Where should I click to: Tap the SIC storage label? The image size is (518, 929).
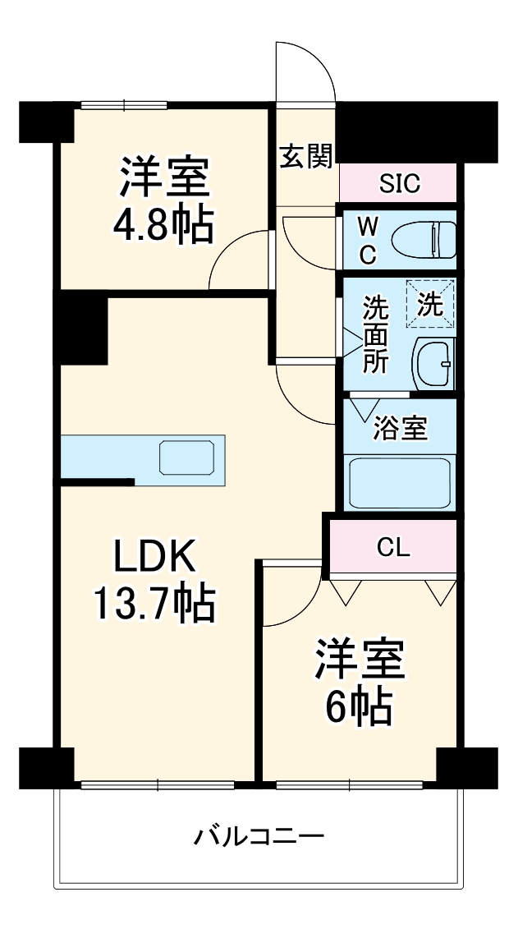click(x=399, y=182)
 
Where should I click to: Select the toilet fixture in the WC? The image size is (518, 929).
click(x=424, y=240)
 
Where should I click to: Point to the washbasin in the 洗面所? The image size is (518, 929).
click(x=435, y=362)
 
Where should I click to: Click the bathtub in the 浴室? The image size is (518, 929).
click(x=400, y=483)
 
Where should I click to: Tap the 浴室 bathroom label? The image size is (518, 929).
click(x=400, y=428)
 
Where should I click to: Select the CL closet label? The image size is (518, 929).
click(x=393, y=547)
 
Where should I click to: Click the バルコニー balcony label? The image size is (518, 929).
click(x=259, y=838)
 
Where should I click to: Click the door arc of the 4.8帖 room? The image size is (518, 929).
click(x=238, y=260)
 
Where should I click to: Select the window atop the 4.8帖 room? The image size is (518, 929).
click(x=124, y=104)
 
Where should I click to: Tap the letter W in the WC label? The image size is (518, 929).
click(x=367, y=224)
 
